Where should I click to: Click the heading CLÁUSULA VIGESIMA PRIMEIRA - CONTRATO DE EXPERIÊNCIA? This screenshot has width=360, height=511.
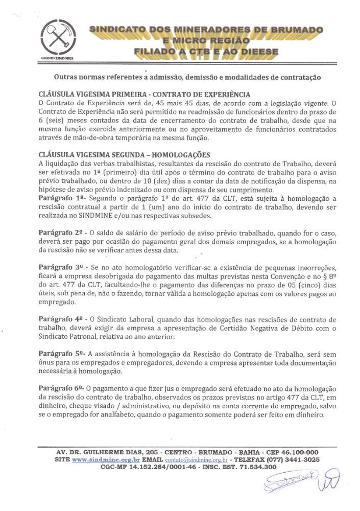click(145, 95)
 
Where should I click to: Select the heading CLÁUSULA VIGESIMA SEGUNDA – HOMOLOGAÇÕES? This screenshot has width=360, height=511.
click(124, 155)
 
